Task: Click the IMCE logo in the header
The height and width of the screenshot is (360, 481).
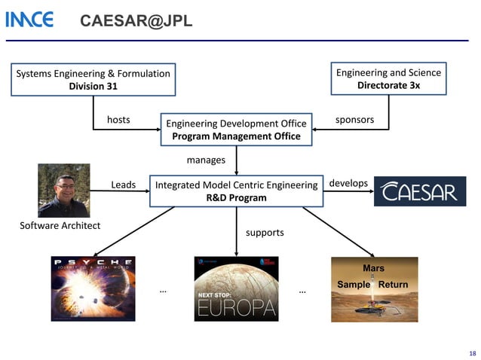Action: click(x=29, y=20)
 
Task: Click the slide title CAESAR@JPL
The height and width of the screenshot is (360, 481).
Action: click(x=136, y=22)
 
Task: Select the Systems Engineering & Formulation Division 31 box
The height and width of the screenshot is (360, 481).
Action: click(x=93, y=79)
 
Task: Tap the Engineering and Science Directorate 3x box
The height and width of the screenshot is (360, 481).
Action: click(x=388, y=79)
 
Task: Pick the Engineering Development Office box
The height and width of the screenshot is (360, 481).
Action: click(x=236, y=130)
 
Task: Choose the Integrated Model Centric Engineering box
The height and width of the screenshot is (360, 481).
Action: click(x=236, y=191)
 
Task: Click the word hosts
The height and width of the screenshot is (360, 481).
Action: click(x=118, y=120)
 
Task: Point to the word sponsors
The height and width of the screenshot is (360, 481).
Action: click(x=354, y=120)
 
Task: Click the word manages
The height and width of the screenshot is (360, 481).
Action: click(x=206, y=160)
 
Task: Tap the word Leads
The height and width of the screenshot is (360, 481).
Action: click(x=124, y=185)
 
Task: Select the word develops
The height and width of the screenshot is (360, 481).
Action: click(x=348, y=183)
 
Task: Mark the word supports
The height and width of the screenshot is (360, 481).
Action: click(x=265, y=232)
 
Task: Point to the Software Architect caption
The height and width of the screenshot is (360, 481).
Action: click(x=60, y=226)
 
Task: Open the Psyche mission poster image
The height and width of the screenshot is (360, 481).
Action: click(x=93, y=288)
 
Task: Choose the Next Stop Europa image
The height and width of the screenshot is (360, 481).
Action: click(x=235, y=289)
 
